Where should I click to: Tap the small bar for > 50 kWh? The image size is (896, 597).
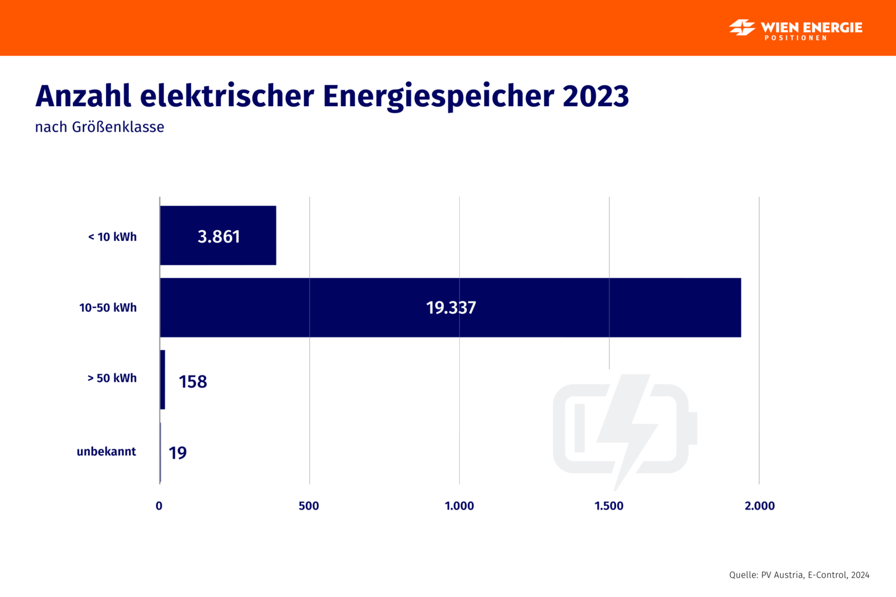[162, 380]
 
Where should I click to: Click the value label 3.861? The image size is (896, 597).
[219, 236]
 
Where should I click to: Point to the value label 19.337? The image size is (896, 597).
[451, 307]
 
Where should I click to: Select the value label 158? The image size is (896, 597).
[192, 381]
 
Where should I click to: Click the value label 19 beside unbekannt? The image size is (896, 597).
[177, 452]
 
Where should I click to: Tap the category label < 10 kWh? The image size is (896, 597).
[113, 237]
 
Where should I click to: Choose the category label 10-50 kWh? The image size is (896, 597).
[108, 307]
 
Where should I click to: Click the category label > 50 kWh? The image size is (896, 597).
[112, 378]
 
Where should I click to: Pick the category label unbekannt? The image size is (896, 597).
[106, 451]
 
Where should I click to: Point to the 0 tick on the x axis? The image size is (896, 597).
[159, 505]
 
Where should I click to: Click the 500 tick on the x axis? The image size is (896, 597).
[309, 505]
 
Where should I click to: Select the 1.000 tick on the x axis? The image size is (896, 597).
[459, 505]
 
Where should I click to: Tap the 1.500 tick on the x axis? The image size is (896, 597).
[609, 505]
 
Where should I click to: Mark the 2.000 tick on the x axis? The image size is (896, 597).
[759, 505]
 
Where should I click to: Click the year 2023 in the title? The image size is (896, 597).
[596, 96]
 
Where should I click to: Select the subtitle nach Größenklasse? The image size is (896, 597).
[100, 127]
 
